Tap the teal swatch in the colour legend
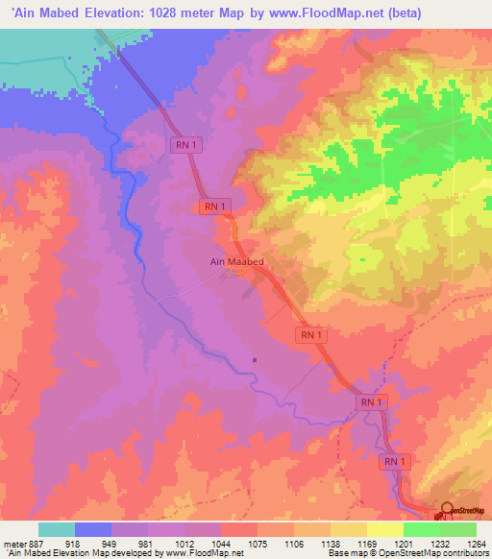pyautogui.click(x=57, y=529)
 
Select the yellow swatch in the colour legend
pyautogui.click(x=384, y=529)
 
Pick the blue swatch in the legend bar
pyautogui.click(x=93, y=529)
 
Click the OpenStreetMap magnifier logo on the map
pyautogui.click(x=447, y=510)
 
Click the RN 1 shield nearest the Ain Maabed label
pyautogui.click(x=213, y=207)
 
